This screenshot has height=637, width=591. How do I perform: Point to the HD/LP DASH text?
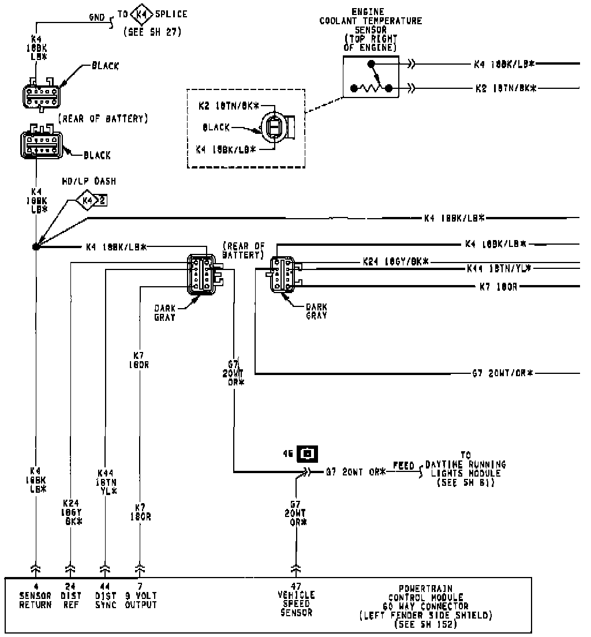point(89,181)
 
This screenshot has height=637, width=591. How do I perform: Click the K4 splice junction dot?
point(36,247)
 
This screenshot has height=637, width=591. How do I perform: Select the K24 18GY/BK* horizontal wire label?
point(396,261)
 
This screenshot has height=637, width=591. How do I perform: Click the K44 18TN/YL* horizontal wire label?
point(499,268)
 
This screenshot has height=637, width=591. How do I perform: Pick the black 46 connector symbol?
point(308,454)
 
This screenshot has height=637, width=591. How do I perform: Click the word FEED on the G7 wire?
point(405,464)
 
